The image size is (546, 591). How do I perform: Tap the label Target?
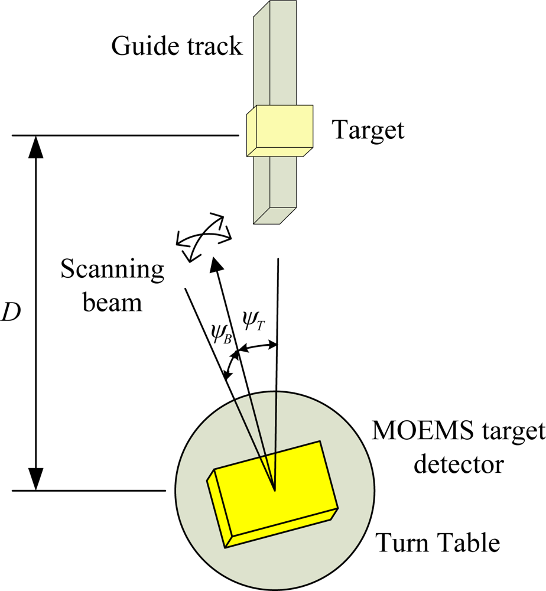point(369,129)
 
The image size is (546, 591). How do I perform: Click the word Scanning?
point(113,271)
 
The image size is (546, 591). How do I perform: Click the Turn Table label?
point(437,542)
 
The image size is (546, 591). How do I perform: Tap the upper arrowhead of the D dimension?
point(37,145)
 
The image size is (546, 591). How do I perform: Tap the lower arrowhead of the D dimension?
point(37,480)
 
